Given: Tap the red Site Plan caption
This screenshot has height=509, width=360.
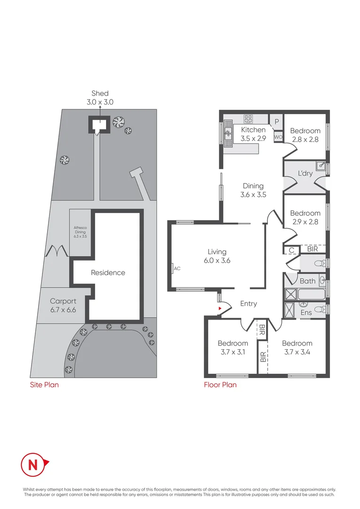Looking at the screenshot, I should tap(44, 385).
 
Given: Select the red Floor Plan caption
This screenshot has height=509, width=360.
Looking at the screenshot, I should tap(220, 385).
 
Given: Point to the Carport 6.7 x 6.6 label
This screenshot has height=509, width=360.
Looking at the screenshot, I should tap(63, 305).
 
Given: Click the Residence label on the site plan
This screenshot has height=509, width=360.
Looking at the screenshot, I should tap(108, 272).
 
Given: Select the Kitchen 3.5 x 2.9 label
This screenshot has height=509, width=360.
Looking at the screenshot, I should tap(253, 134).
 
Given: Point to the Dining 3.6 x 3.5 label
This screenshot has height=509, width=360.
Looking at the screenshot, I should tap(253, 190).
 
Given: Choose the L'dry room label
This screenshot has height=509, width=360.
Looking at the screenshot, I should tap(305, 174).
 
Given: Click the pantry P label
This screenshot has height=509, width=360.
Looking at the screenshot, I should tap(277, 121).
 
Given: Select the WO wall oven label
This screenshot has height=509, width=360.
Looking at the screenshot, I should tap(278, 137).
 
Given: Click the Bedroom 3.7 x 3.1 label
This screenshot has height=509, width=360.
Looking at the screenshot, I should tap(233, 347).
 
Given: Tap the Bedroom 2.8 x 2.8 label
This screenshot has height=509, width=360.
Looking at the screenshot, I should tap(305, 135).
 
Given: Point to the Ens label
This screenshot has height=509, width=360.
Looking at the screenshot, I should tap(306, 312).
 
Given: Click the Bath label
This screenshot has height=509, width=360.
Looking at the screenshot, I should tap(307, 281).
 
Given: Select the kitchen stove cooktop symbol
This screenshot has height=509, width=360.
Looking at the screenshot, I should tap(248, 118).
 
